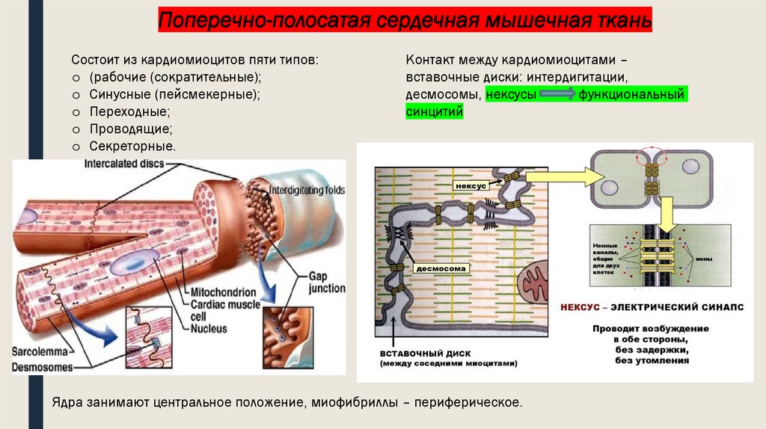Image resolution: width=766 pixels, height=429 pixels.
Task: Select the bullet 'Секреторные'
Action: [132, 145]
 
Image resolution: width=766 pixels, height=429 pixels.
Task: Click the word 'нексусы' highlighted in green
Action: [510, 95]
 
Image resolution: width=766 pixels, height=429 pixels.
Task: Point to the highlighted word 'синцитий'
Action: [435, 111]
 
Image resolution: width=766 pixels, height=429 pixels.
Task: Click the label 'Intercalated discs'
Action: [124, 164]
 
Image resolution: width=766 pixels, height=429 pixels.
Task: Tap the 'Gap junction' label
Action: [326, 283]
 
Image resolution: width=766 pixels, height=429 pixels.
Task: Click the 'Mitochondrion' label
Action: [223, 292]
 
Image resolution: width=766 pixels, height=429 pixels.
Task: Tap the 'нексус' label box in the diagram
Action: [468, 184]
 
